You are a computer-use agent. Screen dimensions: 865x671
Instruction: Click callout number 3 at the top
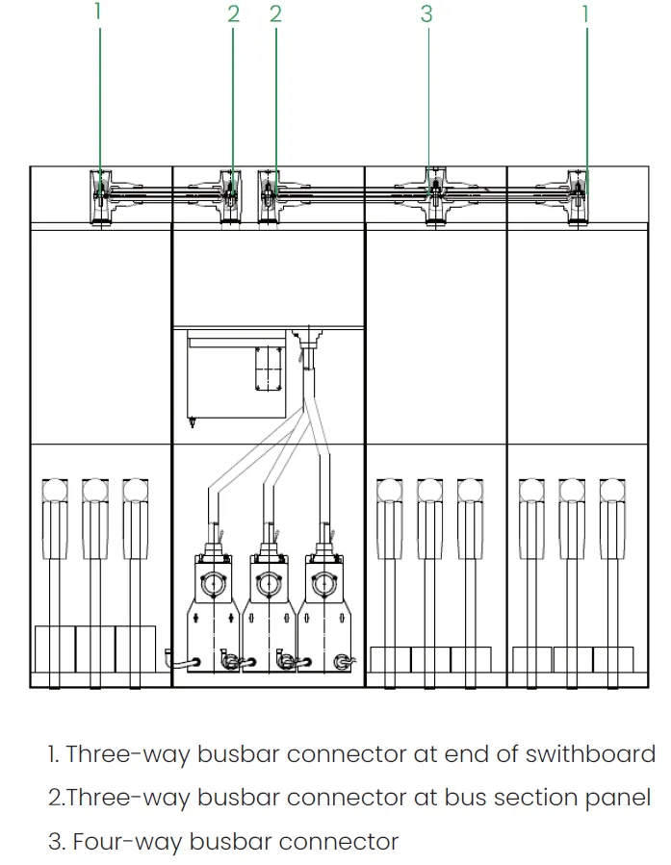426,13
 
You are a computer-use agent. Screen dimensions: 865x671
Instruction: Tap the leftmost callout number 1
97,13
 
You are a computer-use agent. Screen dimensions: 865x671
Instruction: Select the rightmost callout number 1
585,13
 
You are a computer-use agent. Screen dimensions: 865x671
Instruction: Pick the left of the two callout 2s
233,13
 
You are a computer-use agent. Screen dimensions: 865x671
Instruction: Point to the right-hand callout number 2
276,13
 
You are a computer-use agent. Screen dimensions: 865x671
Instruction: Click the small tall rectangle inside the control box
267,368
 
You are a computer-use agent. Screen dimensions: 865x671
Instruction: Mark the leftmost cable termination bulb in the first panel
53,491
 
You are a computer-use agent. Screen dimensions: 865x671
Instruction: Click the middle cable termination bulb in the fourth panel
429,491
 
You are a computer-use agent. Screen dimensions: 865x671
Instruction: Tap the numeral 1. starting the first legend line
54,753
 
